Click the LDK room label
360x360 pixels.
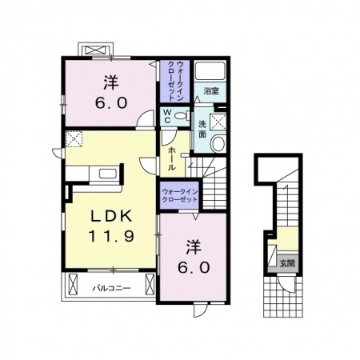[x=111, y=217]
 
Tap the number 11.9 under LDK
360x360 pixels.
[x=111, y=236]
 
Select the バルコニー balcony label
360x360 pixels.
[x=112, y=288]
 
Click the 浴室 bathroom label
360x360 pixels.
[x=211, y=91]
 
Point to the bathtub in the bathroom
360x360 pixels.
[x=210, y=70]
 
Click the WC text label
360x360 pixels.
[x=167, y=116]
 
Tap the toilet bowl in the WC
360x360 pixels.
[x=182, y=116]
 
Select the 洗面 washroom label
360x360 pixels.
[x=202, y=130]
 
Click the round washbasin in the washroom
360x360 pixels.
[x=218, y=144]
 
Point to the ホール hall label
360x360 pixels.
[x=171, y=158]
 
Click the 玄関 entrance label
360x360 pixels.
[x=287, y=263]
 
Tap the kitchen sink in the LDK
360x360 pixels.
[x=108, y=174]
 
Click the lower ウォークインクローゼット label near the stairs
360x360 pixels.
[x=180, y=195]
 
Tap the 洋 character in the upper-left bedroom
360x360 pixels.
[x=111, y=82]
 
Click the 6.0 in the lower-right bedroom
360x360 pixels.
[x=194, y=267]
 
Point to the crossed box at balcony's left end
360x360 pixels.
[x=73, y=284]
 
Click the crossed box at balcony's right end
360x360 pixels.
[x=150, y=284]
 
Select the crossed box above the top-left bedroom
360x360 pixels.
[x=96, y=50]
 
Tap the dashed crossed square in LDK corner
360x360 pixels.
[x=74, y=138]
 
